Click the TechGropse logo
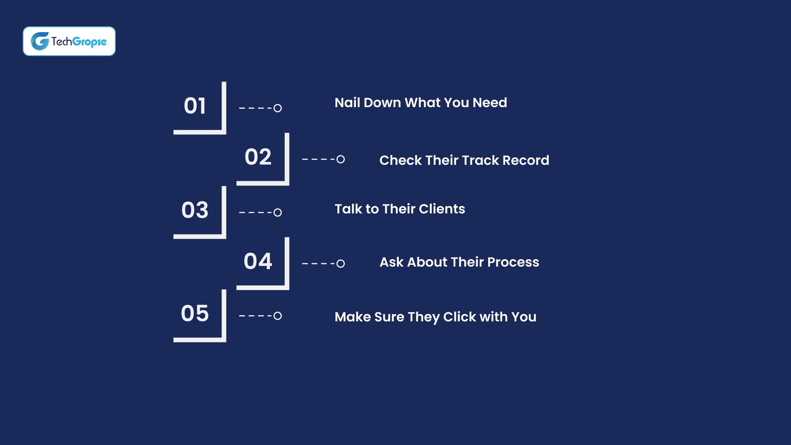point(69,41)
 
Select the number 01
point(195,106)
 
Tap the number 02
point(258,157)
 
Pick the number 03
point(195,210)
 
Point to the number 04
point(258,261)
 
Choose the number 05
point(195,314)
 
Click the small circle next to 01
point(278,108)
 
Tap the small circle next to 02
point(340,159)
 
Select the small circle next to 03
point(278,213)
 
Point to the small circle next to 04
point(340,264)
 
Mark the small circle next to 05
point(278,316)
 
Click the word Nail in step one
point(347,103)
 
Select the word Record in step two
point(526,160)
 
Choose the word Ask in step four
point(391,262)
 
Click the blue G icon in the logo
point(40,41)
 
